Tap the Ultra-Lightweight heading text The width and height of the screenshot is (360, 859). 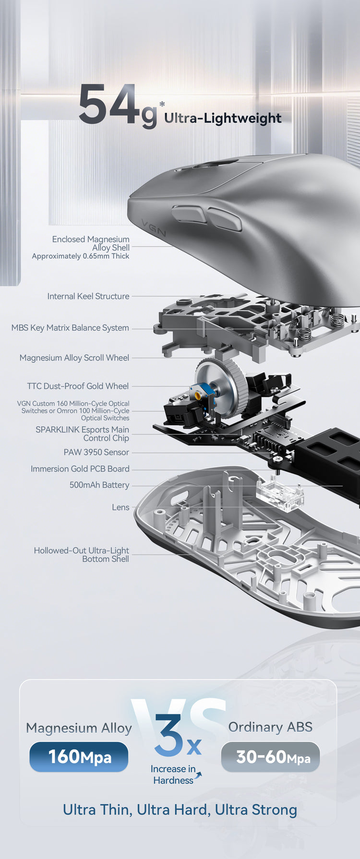(223, 118)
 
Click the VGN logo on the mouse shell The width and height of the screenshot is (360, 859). (154, 227)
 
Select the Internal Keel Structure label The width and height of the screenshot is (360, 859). (88, 297)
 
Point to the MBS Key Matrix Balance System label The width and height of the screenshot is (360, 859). (70, 328)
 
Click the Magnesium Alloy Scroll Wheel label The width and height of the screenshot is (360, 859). (74, 358)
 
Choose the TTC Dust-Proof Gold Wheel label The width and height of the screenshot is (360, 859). (78, 386)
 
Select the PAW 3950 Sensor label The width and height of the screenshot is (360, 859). (96, 453)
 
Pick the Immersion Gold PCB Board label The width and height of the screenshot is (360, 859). (80, 469)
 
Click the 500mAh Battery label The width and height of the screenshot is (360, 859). (99, 485)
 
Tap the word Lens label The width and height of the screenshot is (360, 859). (120, 508)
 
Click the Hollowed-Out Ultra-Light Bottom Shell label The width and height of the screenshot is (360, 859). (82, 555)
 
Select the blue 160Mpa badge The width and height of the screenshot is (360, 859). (79, 757)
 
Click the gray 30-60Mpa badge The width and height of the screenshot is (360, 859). (270, 757)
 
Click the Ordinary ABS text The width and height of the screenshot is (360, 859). (270, 727)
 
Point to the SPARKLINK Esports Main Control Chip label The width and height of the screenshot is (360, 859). (82, 434)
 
